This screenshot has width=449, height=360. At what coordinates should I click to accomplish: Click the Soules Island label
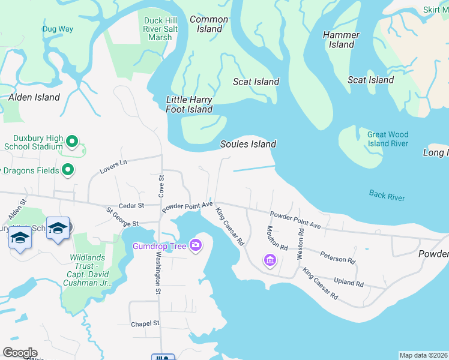click(248, 144)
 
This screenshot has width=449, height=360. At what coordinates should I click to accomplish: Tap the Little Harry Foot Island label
click(189, 104)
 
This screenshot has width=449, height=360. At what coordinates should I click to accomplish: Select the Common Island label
click(209, 24)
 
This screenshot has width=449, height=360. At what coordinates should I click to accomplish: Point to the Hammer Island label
click(341, 40)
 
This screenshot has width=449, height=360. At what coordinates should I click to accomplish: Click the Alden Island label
click(34, 97)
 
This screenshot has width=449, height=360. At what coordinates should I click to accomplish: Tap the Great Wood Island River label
click(388, 139)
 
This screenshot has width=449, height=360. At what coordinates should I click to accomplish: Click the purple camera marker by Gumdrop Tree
click(195, 245)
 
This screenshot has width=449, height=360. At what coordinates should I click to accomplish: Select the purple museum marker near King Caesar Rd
click(270, 260)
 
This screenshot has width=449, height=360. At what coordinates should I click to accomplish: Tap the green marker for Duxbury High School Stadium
click(72, 142)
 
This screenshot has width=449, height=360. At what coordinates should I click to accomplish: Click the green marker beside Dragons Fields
click(68, 170)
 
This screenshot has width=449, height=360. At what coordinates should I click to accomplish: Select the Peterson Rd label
click(337, 258)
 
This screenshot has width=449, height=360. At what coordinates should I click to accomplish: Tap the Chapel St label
click(145, 323)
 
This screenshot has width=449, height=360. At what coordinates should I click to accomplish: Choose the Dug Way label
click(58, 29)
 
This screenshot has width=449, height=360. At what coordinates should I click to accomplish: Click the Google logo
click(20, 353)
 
